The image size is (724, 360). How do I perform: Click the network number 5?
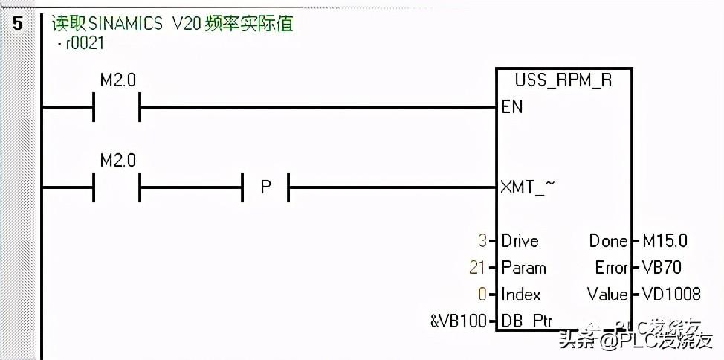click(18, 23)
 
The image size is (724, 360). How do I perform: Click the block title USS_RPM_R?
click(563, 80)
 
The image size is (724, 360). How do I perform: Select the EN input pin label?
click(512, 107)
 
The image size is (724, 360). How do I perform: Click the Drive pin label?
click(520, 241)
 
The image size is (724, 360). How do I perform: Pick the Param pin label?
click(523, 268)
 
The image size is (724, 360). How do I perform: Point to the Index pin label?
click(520, 295)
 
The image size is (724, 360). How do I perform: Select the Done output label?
click(609, 241)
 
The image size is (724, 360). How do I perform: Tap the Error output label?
click(611, 268)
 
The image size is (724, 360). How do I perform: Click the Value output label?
click(607, 295)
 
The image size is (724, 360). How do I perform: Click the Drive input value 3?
click(482, 241)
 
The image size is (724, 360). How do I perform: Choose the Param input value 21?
click(477, 268)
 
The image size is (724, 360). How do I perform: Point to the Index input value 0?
click(482, 295)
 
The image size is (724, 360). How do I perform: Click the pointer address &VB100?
click(458, 321)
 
